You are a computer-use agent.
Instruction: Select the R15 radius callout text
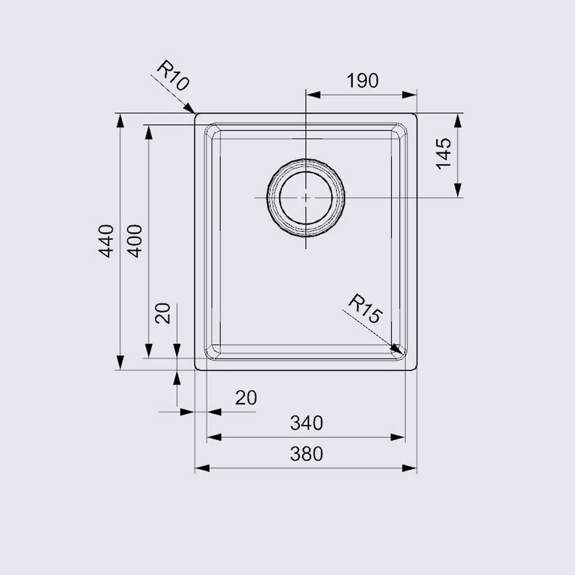[365, 309]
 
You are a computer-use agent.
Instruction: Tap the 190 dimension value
[362, 82]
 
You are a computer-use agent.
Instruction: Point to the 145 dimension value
[443, 154]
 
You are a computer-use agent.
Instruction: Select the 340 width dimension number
[306, 424]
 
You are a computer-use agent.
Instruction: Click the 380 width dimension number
[306, 454]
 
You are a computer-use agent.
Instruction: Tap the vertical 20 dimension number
[163, 313]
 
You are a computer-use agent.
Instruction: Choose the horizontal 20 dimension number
[246, 397]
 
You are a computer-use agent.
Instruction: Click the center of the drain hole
[306, 197]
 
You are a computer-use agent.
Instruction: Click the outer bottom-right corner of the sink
[416, 369]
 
